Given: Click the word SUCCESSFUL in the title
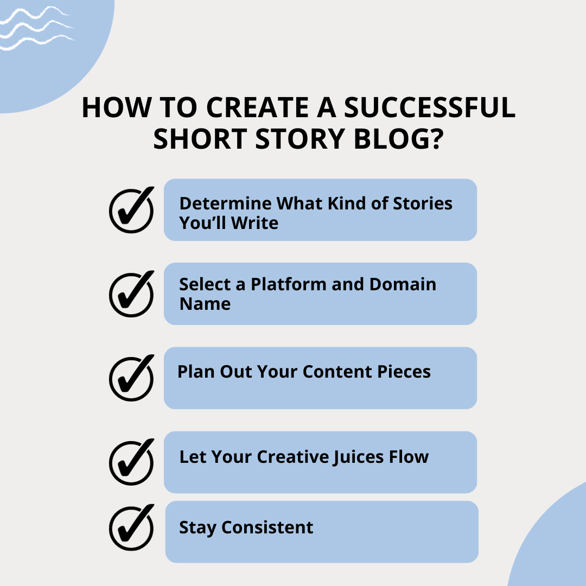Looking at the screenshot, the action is point(429,107).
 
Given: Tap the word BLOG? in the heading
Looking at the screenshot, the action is point(398,139).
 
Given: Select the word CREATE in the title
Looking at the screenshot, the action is point(258,107).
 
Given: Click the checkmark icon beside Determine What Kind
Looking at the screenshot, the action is point(131,209).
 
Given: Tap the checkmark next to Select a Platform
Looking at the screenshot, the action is point(131,294).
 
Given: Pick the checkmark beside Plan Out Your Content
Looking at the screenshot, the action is point(131,378).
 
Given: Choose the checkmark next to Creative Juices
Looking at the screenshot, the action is point(131,462).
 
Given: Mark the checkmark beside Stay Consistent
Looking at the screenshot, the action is point(131,527).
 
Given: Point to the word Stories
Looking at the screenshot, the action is point(423,203).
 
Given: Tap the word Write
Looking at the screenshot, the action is point(254,223).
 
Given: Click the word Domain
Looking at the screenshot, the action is point(403,284).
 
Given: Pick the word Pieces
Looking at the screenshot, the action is point(404,372).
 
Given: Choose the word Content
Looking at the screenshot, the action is point(337,372).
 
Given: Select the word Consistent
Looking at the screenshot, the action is point(267,527).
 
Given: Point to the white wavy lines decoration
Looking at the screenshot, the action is point(37,28).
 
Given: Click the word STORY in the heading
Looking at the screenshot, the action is point(300,139).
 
